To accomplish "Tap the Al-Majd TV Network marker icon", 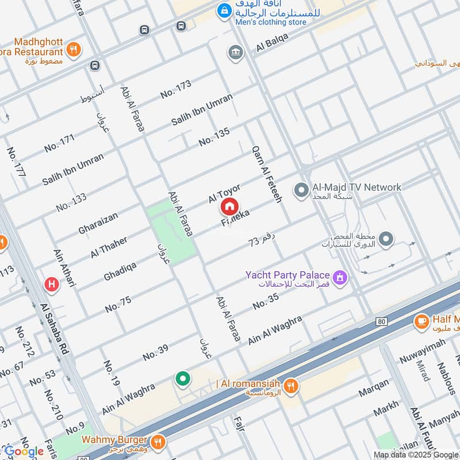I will (301, 189).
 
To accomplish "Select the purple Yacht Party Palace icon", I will (340, 278).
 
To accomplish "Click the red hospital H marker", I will (52, 283).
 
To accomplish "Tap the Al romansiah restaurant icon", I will (292, 386).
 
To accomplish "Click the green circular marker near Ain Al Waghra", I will (183, 378).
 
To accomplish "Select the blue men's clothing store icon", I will (223, 10).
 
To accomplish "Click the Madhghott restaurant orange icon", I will (73, 49).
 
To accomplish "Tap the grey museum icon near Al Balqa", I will (235, 52).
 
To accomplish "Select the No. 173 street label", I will (175, 89).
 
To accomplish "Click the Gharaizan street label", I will (98, 224).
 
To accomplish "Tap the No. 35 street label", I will (266, 301).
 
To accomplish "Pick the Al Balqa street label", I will (272, 43).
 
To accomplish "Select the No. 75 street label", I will (118, 304).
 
